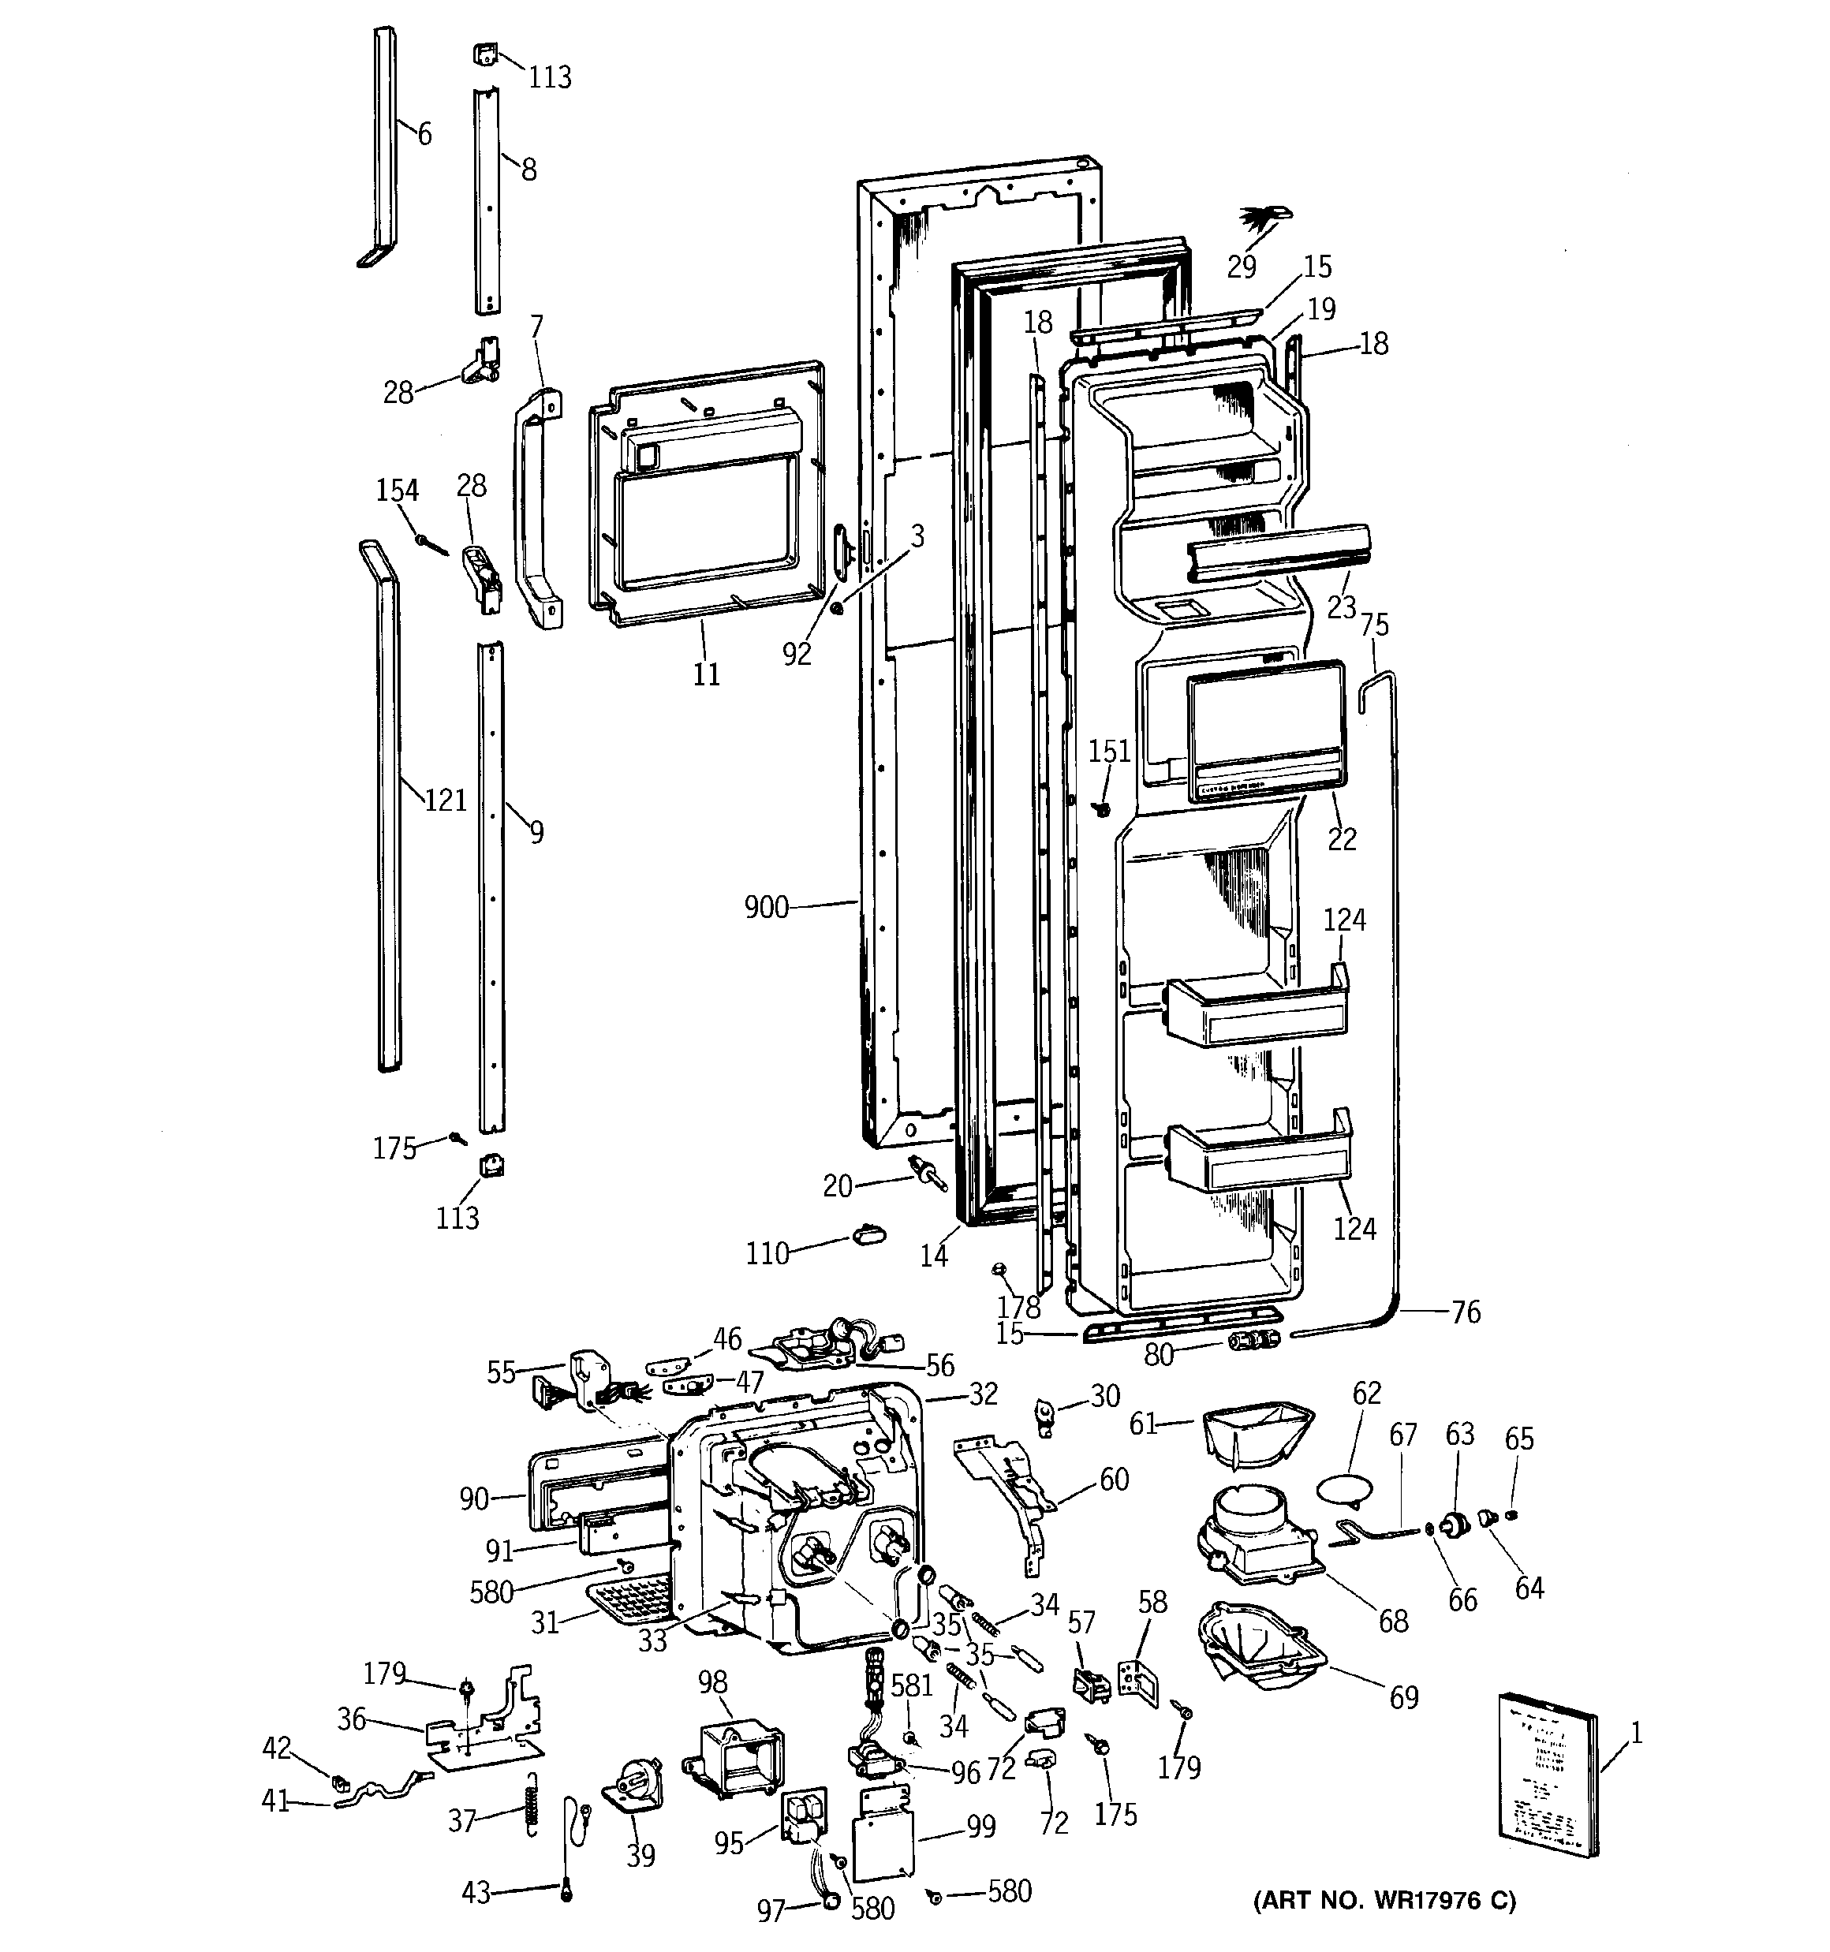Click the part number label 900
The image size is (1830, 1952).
coord(766,907)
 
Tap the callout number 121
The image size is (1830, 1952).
coord(444,801)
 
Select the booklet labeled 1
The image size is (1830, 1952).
coord(1545,1775)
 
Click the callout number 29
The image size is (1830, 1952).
coord(1242,267)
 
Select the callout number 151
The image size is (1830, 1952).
coord(1109,751)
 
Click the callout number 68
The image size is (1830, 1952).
coord(1393,1621)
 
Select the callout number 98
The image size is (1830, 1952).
coord(712,1682)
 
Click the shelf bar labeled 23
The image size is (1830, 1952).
coord(1277,552)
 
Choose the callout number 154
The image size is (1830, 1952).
coord(397,490)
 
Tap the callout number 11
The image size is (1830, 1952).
coord(706,674)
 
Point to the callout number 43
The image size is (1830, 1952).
coord(476,1892)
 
